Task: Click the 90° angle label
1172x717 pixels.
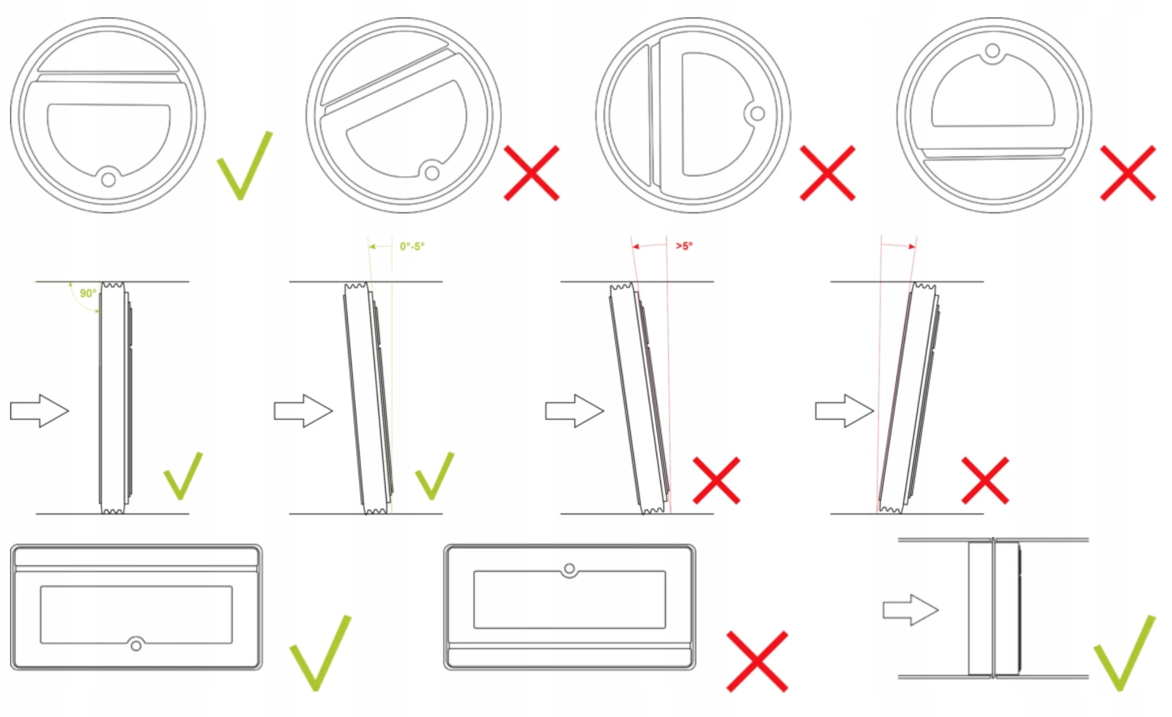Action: click(x=88, y=293)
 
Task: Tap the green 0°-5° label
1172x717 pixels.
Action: click(x=412, y=246)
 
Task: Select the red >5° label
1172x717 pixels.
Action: click(x=684, y=246)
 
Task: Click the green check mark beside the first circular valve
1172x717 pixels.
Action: click(x=245, y=166)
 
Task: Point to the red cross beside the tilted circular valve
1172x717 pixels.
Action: click(x=532, y=173)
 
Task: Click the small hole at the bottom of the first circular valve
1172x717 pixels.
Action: click(x=108, y=180)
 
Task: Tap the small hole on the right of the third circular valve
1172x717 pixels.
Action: click(x=757, y=113)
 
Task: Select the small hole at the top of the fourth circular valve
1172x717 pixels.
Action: click(x=993, y=51)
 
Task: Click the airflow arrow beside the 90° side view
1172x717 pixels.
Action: click(x=40, y=411)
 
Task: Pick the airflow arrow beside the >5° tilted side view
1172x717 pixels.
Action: click(x=574, y=411)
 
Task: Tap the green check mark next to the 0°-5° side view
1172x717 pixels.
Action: click(x=435, y=476)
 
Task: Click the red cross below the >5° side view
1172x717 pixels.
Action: click(x=716, y=480)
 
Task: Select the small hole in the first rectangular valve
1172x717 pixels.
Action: click(x=136, y=645)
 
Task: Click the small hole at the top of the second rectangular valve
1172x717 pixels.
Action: click(x=569, y=569)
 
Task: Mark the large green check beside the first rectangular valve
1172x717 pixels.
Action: click(x=321, y=653)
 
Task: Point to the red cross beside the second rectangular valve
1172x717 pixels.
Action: click(x=757, y=661)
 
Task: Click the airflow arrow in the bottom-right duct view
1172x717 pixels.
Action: click(x=911, y=610)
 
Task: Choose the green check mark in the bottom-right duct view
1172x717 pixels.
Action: click(x=1124, y=653)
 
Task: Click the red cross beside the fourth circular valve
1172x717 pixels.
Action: click(x=1128, y=173)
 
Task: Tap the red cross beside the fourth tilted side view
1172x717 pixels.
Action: click(x=985, y=480)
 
